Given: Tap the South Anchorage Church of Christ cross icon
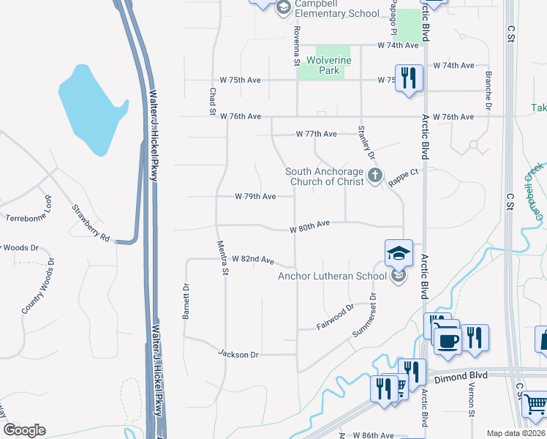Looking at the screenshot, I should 375,175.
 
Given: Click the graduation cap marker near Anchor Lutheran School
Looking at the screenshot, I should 399,253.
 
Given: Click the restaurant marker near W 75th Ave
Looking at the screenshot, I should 409,77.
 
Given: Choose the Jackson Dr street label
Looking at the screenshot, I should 238,354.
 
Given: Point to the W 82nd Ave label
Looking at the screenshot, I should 252,260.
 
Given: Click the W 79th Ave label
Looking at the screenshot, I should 255,196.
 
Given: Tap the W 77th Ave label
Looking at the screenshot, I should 316,134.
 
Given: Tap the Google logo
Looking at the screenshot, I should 25,430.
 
